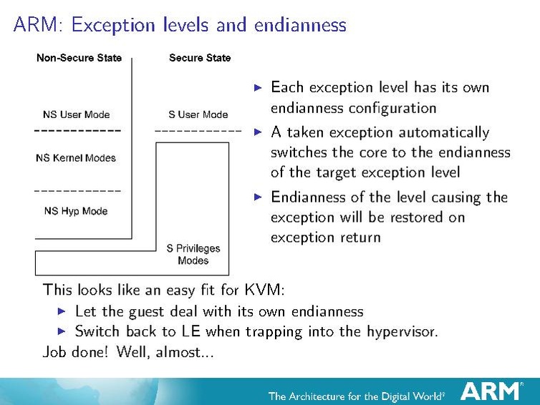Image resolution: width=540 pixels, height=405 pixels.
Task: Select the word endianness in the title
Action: click(299, 26)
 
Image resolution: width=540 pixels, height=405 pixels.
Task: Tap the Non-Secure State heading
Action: click(79, 58)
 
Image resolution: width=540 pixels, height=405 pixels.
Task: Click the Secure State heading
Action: click(200, 58)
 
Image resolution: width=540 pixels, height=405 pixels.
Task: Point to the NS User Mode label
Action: click(77, 114)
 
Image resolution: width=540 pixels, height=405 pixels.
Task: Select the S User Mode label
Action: click(198, 114)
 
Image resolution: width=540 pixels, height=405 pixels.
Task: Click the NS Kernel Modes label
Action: click(75, 158)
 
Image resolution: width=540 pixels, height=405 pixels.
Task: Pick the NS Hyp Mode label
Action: click(75, 211)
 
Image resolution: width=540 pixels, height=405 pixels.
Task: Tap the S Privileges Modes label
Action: click(193, 254)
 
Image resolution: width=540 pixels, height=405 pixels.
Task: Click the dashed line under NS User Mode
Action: click(77, 132)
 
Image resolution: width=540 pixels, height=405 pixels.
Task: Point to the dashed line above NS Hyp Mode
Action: click(77, 191)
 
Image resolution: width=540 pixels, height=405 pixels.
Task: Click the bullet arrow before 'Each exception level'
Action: click(259, 88)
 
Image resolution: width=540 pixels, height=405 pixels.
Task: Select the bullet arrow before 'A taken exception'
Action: click(259, 132)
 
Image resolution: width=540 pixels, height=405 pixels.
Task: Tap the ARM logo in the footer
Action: click(491, 391)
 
